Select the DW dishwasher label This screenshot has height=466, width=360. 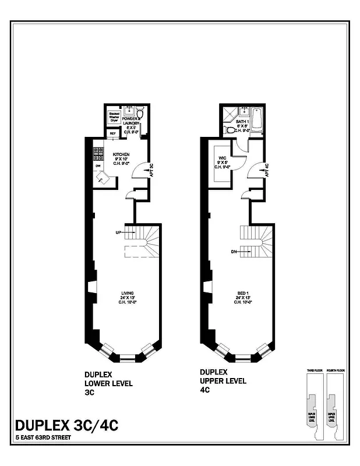pos(97,165)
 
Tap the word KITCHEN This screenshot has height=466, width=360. pos(121,154)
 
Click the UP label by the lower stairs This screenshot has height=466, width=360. pos(119,232)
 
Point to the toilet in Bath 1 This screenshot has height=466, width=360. pos(231,129)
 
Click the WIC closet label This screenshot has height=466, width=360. pos(222,158)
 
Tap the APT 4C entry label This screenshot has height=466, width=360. pos(266,171)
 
